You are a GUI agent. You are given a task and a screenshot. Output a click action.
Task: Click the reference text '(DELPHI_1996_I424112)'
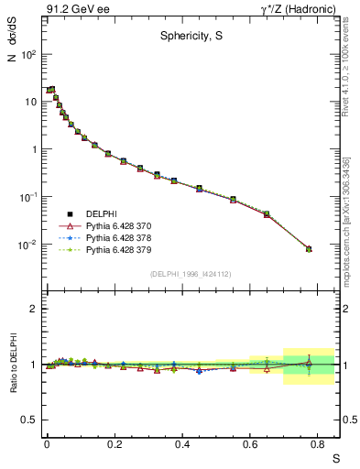click(x=190, y=273)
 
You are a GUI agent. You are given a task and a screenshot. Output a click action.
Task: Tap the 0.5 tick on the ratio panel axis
click(x=31, y=420)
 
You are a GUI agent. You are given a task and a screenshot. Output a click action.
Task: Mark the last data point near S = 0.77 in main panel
click(x=309, y=248)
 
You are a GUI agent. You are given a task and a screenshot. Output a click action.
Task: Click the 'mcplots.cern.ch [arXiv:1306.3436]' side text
click(x=351, y=212)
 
